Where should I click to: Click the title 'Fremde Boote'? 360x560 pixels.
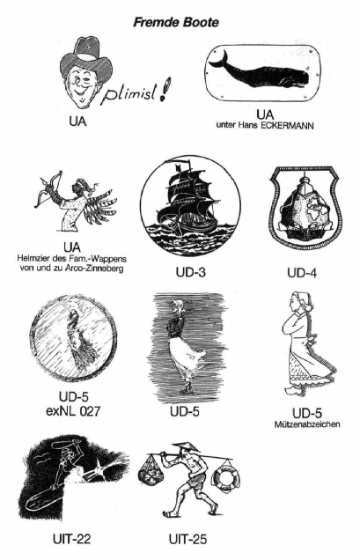[176, 23]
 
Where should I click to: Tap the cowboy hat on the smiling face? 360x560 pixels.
[86, 57]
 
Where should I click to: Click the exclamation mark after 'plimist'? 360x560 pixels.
[165, 89]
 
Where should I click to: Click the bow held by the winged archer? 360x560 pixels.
[49, 188]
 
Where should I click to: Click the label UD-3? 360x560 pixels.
[190, 272]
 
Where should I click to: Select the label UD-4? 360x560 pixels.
[302, 273]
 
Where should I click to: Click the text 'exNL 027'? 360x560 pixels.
[73, 411]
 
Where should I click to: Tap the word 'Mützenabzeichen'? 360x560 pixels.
[307, 424]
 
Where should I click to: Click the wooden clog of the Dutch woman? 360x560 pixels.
[295, 388]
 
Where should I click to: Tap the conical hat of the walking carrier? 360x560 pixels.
[186, 446]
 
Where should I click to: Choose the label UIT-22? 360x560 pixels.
[72, 539]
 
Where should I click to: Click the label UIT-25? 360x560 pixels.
[187, 539]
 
